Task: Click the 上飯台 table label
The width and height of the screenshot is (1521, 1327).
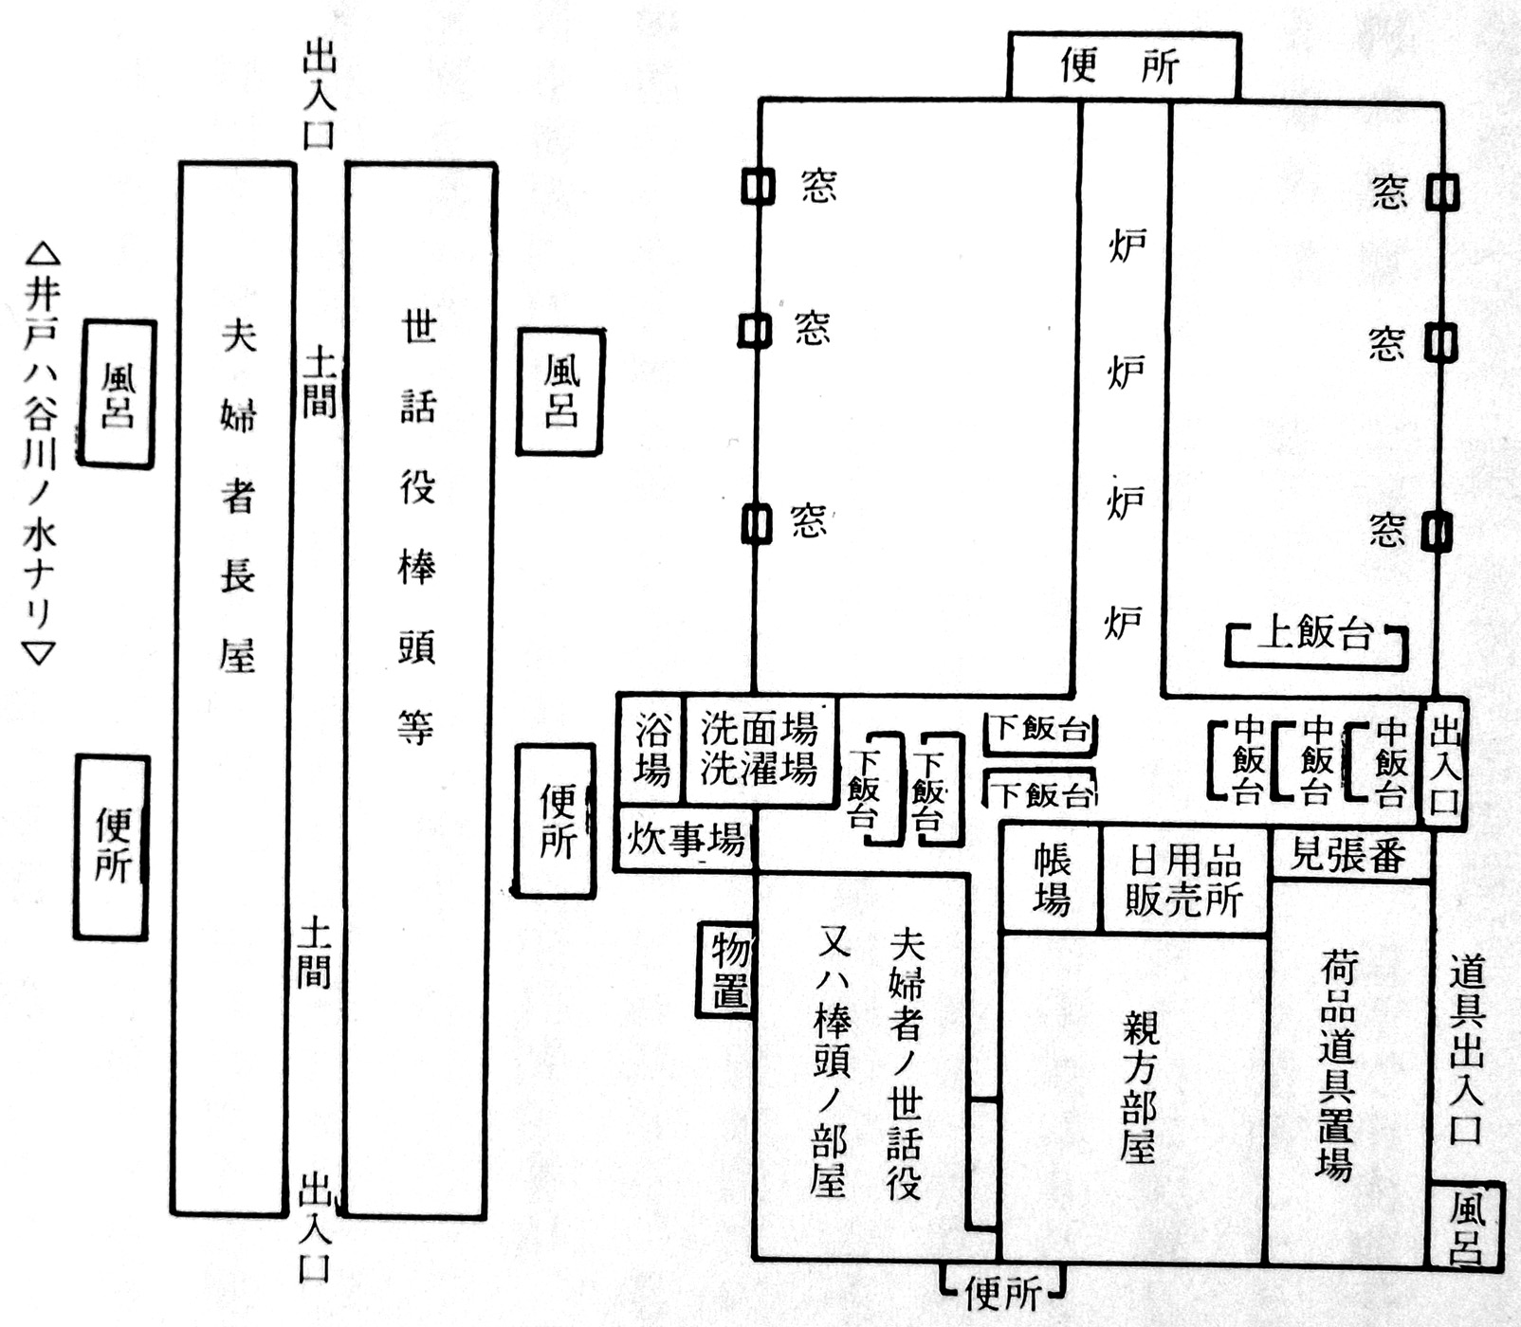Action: click(x=1315, y=634)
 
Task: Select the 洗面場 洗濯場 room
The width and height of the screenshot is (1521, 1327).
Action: click(x=759, y=750)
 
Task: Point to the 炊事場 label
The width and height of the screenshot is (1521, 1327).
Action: click(x=686, y=840)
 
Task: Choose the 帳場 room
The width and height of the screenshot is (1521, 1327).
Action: click(x=1052, y=880)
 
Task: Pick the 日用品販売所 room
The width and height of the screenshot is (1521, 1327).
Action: click(x=1184, y=881)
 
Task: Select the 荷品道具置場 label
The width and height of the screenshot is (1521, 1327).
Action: click(x=1336, y=1066)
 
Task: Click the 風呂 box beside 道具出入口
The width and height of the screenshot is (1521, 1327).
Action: click(x=1467, y=1227)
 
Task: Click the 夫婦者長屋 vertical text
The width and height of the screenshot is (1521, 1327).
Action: click(x=237, y=493)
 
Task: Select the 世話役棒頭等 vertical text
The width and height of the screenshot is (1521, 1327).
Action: click(x=418, y=526)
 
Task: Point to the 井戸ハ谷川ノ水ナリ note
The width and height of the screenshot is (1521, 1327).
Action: click(x=40, y=455)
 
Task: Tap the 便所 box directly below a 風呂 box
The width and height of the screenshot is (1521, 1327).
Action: click(x=112, y=846)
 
